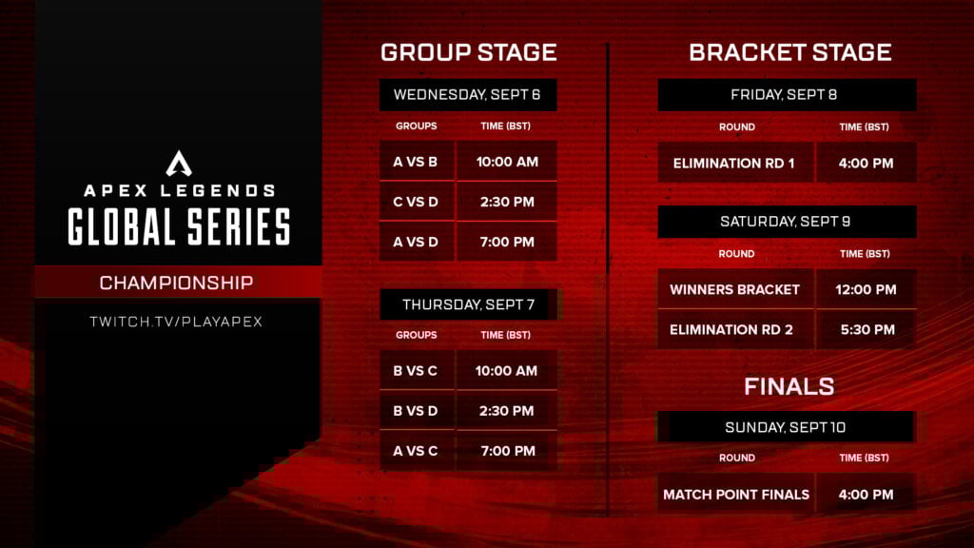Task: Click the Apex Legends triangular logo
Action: click(179, 164)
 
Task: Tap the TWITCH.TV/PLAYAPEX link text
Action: click(176, 322)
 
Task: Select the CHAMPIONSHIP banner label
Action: click(176, 283)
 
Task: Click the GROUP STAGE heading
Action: click(468, 52)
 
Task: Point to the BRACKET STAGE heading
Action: click(789, 52)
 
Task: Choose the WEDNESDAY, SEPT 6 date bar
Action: click(468, 95)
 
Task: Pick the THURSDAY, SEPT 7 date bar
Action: click(468, 304)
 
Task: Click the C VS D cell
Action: click(416, 202)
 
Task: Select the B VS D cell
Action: click(416, 411)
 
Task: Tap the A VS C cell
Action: click(416, 451)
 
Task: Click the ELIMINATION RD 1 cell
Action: click(733, 163)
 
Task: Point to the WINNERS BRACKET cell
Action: click(734, 289)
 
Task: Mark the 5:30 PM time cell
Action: click(867, 329)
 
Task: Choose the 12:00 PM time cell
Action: click(867, 289)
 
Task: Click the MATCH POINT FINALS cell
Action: click(735, 494)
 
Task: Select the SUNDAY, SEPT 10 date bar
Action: click(786, 427)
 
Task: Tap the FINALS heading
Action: click(789, 386)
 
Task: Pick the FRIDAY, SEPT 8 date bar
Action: click(786, 95)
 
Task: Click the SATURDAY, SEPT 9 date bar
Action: click(786, 222)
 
